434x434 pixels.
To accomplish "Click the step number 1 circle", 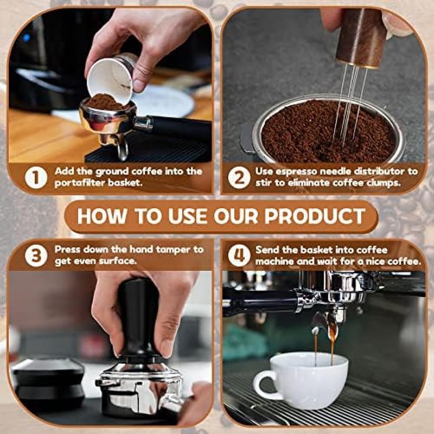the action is [x=36, y=177].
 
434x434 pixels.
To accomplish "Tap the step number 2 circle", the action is [x=239, y=177].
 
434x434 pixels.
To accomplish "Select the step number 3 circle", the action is [x=36, y=255].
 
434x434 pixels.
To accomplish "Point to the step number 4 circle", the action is [x=239, y=255].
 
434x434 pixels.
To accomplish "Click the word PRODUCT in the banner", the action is [x=315, y=216].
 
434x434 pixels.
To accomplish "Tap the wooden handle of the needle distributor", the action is [x=361, y=38].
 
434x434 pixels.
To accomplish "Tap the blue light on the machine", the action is [x=26, y=37].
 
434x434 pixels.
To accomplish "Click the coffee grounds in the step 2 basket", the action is [x=328, y=131].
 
